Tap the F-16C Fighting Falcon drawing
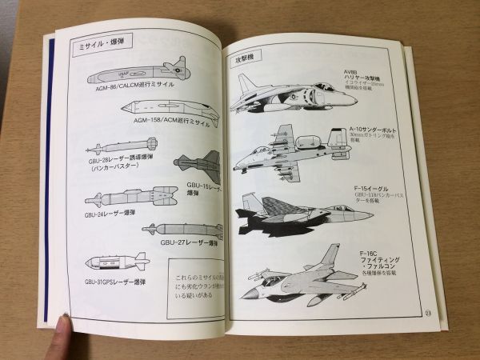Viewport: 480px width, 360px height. [301, 275]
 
